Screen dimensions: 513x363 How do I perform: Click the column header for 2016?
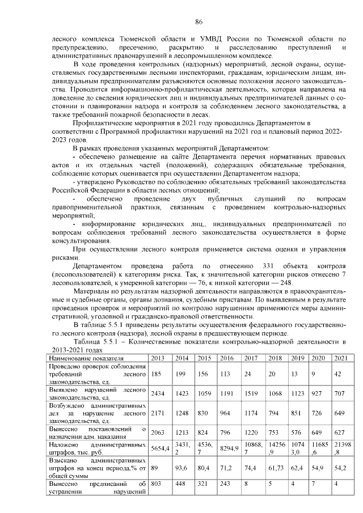pos(226,358)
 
